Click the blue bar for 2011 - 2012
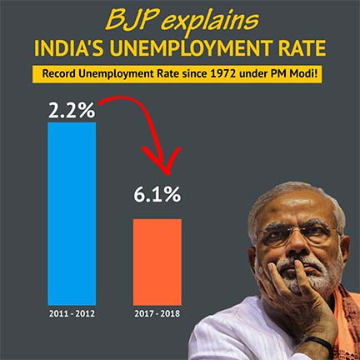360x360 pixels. [x=72, y=213]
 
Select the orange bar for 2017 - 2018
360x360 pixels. [x=157, y=262]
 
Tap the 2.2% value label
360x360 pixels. [x=72, y=110]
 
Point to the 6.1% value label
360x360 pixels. [x=157, y=194]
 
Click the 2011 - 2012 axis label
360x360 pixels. [x=72, y=313]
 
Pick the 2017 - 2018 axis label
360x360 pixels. [x=157, y=313]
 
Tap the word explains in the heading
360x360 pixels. [x=210, y=22]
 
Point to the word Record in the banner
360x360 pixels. [x=58, y=74]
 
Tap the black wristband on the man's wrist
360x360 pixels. [x=322, y=342]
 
